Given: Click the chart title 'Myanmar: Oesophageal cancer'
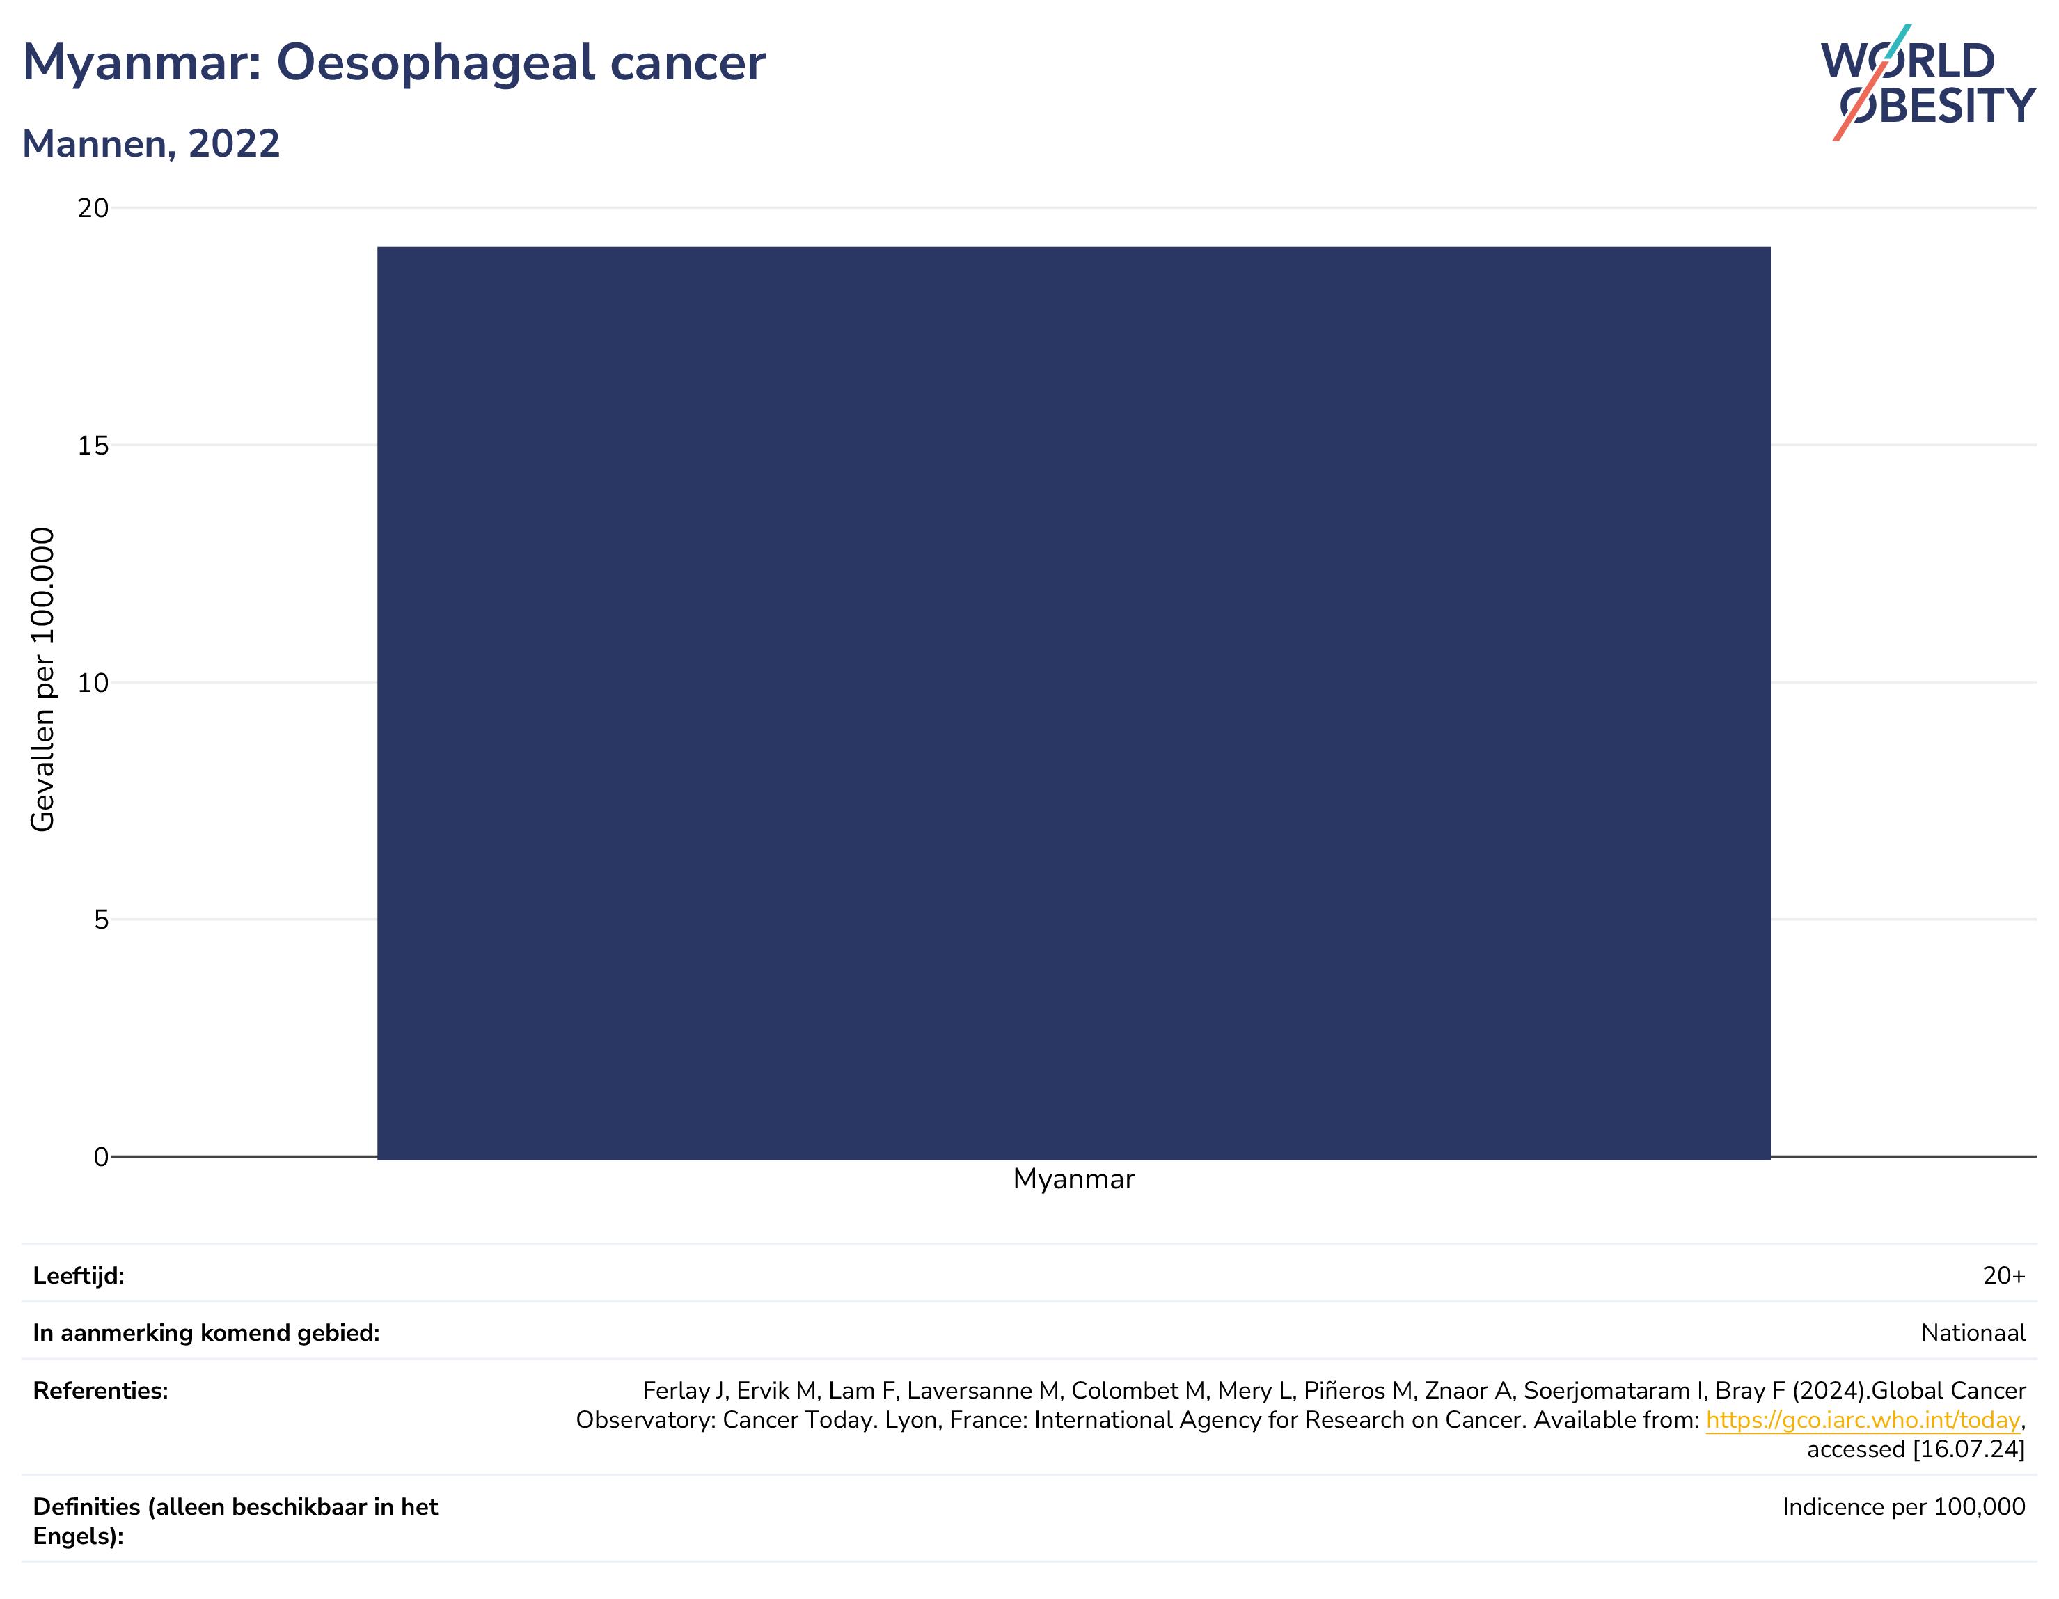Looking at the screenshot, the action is [x=394, y=64].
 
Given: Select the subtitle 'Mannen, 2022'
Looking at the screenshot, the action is [x=151, y=144].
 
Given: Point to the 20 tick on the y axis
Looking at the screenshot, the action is [x=93, y=207].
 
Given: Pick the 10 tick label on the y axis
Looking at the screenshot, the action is [x=93, y=683].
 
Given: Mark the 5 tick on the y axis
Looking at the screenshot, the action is [x=102, y=920].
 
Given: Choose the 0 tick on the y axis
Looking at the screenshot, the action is [x=102, y=1157].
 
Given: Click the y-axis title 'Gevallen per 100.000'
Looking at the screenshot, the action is [x=42, y=679].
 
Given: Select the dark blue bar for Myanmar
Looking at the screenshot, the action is [x=1074, y=703].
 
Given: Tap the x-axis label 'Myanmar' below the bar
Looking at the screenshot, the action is [x=1074, y=1179].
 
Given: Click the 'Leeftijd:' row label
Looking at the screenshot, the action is [x=78, y=1275].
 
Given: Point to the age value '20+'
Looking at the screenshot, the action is [x=2003, y=1275].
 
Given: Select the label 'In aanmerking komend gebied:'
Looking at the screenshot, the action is [x=207, y=1333].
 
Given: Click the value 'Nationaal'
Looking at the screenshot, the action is [x=1973, y=1333].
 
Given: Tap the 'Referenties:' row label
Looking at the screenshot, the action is [x=101, y=1391].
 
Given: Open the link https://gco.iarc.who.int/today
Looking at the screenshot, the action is [x=1863, y=1420].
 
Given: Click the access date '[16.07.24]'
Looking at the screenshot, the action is [x=1969, y=1449].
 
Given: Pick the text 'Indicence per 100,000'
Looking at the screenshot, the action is [x=1904, y=1506].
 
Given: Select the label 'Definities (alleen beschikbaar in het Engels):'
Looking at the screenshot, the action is [x=236, y=1521].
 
